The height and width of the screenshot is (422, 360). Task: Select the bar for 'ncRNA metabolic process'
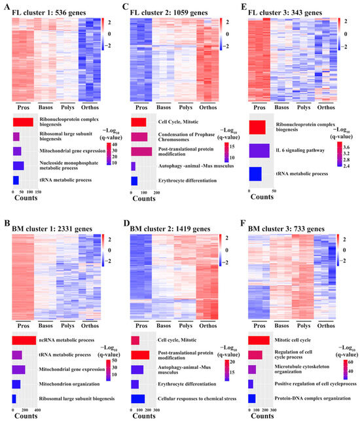pyautogui.click(x=24, y=340)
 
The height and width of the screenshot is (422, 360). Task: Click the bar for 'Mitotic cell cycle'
pyautogui.click(x=259, y=340)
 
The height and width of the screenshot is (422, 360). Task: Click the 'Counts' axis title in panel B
pyautogui.click(x=25, y=416)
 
